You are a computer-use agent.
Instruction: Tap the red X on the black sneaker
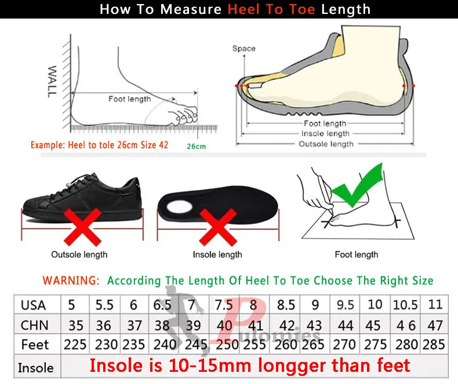83,227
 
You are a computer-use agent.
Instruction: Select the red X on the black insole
218,227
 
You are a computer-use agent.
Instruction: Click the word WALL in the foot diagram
52,82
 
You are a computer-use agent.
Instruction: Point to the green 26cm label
197,146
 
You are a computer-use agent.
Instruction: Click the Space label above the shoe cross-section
244,49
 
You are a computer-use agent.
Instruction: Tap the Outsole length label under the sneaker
79,254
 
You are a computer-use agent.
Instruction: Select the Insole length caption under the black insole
217,254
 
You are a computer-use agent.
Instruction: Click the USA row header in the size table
33,305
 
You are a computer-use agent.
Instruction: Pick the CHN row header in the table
34,325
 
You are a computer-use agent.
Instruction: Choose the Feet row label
35,345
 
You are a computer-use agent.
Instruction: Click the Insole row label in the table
35,368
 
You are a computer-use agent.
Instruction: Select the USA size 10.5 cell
406,305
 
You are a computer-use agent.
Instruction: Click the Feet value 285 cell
434,345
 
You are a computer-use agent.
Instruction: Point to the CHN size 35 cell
75,326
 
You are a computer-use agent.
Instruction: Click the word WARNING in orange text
71,280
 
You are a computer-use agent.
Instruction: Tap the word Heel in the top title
243,9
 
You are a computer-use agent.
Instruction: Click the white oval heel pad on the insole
179,207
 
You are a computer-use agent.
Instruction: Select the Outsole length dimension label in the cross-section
326,144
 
